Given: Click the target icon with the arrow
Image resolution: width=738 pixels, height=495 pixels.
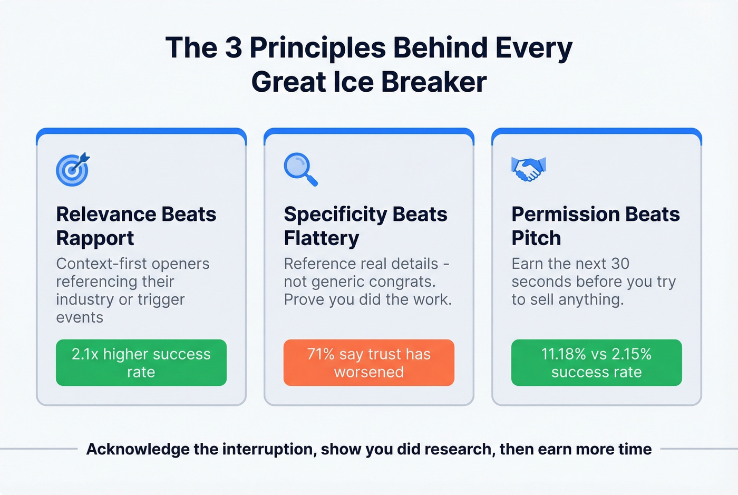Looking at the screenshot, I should (x=73, y=169).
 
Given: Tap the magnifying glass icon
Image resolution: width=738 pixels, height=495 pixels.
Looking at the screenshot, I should (x=300, y=169).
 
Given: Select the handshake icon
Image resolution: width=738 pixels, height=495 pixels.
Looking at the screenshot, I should (x=528, y=169).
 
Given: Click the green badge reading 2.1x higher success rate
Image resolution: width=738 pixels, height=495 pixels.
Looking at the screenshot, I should (x=141, y=363).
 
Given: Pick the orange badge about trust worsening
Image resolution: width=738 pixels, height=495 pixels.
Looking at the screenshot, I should (x=369, y=363).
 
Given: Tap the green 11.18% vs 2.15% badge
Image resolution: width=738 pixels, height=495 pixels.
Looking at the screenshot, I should (x=596, y=363).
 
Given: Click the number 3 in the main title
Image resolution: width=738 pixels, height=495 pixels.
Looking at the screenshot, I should (x=234, y=48).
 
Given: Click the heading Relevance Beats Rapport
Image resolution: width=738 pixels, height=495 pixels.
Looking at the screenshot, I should (x=136, y=226).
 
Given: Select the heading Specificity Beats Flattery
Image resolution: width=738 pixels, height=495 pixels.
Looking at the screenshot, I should (x=365, y=226).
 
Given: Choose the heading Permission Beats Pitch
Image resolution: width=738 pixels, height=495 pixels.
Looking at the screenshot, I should (x=595, y=226).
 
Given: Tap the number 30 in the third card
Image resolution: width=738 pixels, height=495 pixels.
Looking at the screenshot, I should (x=620, y=264).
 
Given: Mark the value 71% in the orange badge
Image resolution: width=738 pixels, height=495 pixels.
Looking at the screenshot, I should (x=321, y=354).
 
